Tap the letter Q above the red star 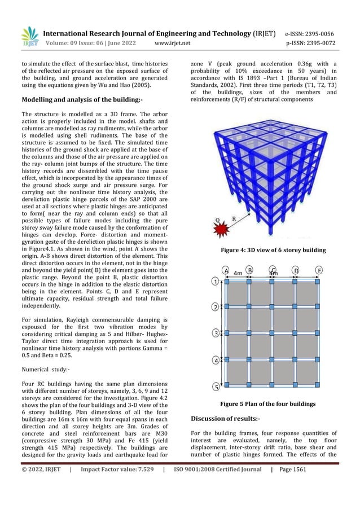click(212, 220)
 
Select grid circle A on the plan click(226, 270)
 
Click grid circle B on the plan click(249, 270)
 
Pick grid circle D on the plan click(296, 270)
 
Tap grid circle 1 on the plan click(215, 280)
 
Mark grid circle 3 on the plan click(215, 334)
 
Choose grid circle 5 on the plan click(215, 387)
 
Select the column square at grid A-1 click(226, 280)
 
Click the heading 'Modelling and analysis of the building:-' click(82, 99)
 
